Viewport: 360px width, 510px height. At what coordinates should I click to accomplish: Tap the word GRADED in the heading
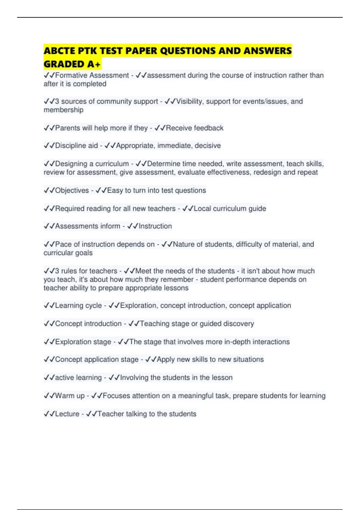[x=64, y=64]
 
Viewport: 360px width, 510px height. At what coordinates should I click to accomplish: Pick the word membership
[x=64, y=110]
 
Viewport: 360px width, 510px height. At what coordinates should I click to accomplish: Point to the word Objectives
[x=72, y=190]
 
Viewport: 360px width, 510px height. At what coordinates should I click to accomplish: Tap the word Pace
[x=63, y=244]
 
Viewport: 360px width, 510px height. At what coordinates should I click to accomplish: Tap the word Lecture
[x=67, y=414]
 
